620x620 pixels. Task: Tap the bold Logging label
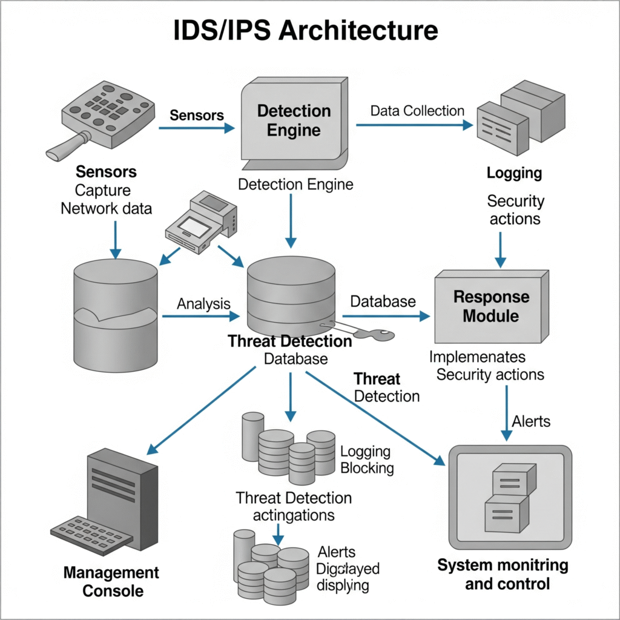click(514, 173)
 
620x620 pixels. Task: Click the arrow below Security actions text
click(500, 248)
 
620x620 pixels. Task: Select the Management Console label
click(111, 581)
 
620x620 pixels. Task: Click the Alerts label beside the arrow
click(531, 421)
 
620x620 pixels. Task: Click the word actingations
click(293, 516)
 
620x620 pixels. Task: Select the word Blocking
click(367, 468)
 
